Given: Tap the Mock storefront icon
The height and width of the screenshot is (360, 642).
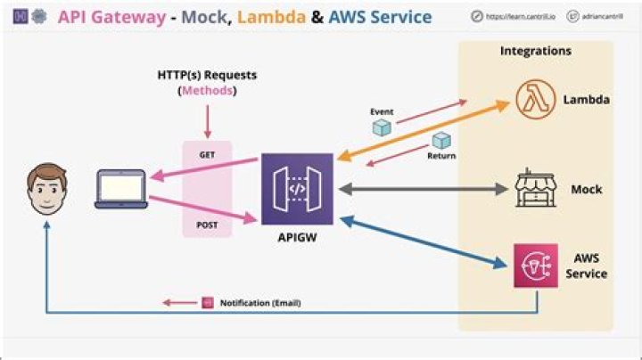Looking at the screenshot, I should point(536,189).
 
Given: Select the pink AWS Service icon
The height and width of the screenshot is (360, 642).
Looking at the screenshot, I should point(536,266).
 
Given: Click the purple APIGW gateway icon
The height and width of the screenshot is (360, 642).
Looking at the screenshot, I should point(297,189).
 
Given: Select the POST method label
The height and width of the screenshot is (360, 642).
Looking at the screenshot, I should point(207,225).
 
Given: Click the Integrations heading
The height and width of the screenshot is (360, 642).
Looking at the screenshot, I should point(535,51).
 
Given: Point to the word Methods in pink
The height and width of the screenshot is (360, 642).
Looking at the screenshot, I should point(208,92).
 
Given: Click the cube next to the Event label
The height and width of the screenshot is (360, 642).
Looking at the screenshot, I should point(382,128).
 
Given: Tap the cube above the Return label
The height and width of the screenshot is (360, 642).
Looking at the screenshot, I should point(440,141).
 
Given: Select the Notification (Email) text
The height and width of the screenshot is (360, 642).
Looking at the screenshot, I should point(260,303).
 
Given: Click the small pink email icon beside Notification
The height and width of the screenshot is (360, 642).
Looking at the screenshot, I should point(207,303).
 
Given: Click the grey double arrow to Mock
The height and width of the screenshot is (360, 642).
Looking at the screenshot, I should point(419,189).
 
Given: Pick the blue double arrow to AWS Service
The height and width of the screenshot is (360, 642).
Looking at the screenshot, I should point(419,241).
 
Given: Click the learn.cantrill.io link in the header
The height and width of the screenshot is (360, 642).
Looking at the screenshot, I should point(514,18).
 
